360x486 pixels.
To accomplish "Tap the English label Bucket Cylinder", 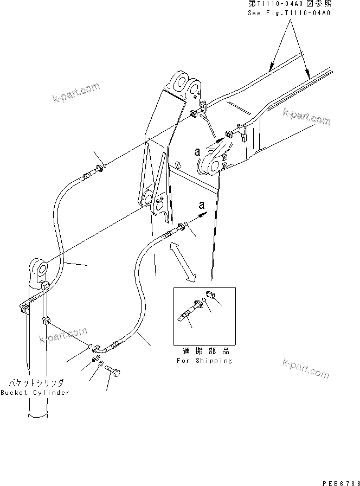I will point(35,393).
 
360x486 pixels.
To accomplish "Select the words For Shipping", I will point(204,361).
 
